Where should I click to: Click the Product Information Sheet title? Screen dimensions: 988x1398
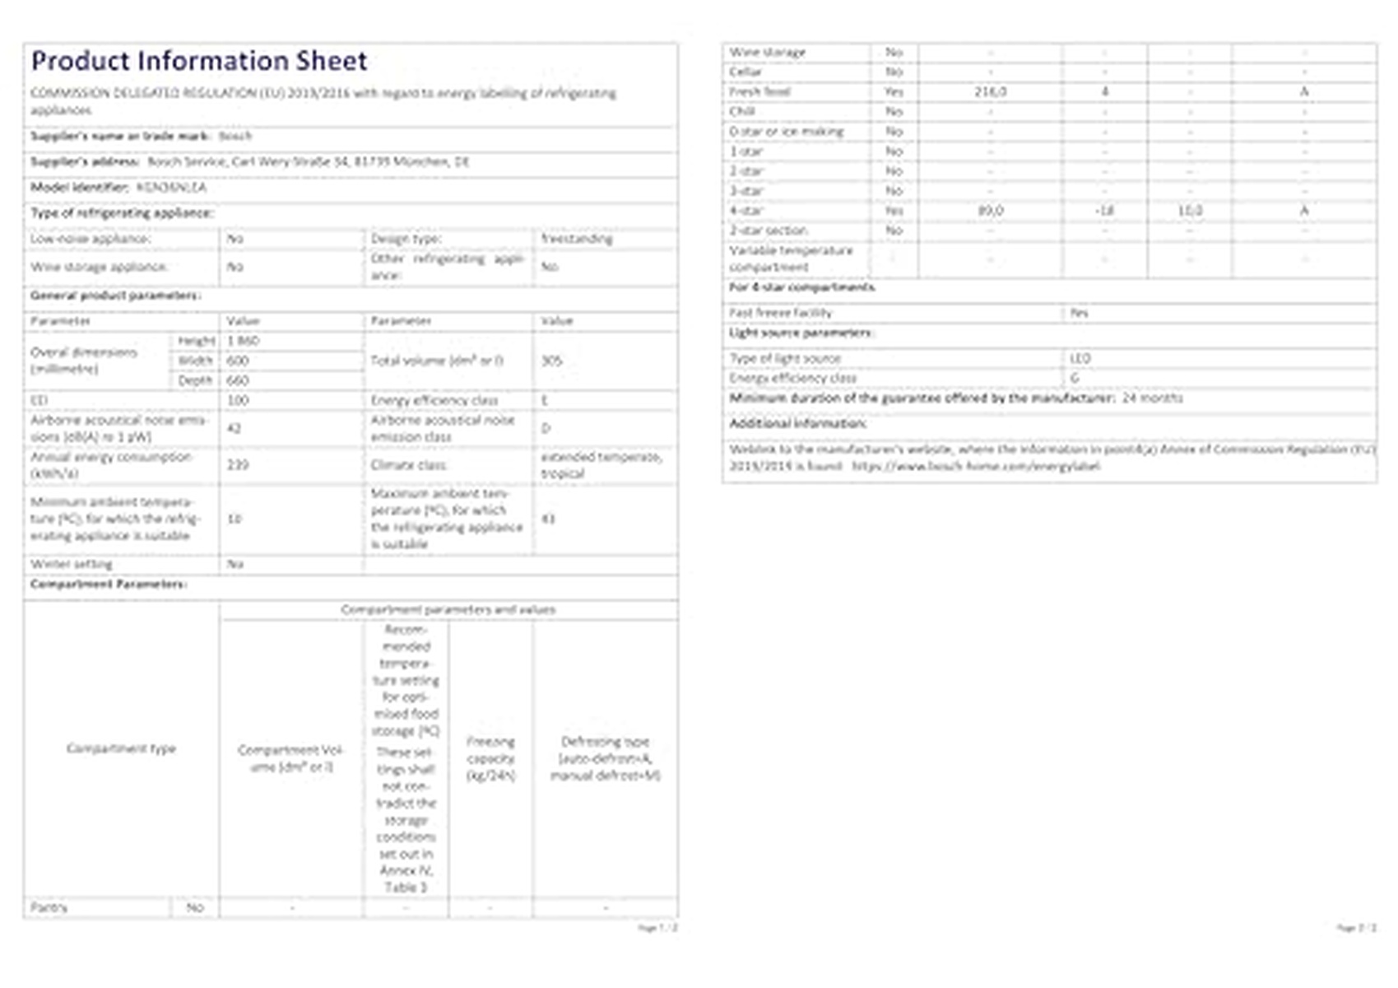tap(199, 61)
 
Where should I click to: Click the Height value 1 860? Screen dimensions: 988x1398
tap(244, 341)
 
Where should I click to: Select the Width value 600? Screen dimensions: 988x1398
tap(238, 361)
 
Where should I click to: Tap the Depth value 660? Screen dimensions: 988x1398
tap(238, 380)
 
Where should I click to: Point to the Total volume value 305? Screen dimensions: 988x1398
tap(551, 361)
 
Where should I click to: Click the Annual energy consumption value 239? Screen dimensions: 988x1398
tap(238, 465)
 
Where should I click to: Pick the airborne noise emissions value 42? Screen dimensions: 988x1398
tap(235, 428)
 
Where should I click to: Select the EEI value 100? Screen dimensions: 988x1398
tap(238, 400)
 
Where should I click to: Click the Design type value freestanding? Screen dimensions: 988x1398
tap(577, 239)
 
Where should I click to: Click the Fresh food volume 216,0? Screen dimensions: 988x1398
tap(990, 91)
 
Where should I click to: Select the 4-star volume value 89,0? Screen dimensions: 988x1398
tap(990, 211)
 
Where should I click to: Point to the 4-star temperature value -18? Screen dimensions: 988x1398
tap(1104, 211)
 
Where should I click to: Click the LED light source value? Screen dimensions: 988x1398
tap(1080, 358)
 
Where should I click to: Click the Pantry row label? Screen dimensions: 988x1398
tap(49, 907)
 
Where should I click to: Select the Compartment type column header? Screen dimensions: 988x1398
tap(121, 748)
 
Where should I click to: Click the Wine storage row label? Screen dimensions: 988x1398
tap(768, 52)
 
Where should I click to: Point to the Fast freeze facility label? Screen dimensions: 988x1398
tap(780, 313)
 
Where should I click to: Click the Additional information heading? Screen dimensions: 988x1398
tap(797, 423)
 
